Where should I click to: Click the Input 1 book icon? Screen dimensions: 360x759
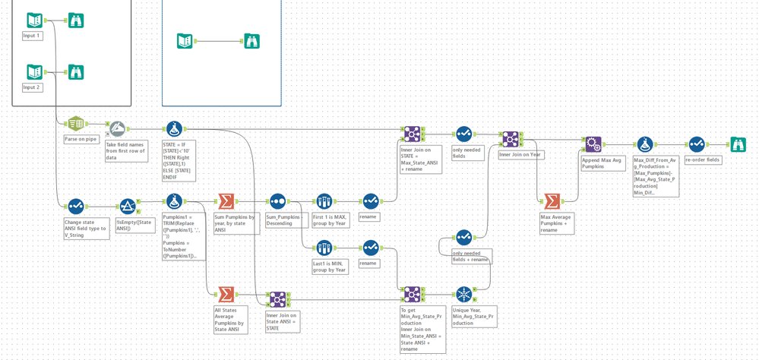[x=33, y=21]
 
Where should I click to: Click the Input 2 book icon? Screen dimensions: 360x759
[x=33, y=72]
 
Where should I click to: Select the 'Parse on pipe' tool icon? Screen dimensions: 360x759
[x=75, y=125]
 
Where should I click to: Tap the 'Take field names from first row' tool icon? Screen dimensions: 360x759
[x=117, y=129]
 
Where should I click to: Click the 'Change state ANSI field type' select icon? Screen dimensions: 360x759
[x=76, y=206]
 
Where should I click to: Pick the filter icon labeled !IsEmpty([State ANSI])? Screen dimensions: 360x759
[x=127, y=206]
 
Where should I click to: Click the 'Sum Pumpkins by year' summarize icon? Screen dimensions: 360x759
[x=226, y=201]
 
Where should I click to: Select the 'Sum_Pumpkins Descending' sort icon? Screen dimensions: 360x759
[x=277, y=201]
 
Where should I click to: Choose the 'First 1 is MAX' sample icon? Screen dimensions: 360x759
[x=324, y=201]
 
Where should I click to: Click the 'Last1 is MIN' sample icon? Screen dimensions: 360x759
[x=324, y=248]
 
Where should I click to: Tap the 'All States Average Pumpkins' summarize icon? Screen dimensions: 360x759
[x=226, y=294]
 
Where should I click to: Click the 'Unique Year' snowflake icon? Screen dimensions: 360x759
[x=463, y=294]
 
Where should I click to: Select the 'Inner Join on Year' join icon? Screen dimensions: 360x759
[x=510, y=139]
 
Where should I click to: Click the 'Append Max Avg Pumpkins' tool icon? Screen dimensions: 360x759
[x=593, y=144]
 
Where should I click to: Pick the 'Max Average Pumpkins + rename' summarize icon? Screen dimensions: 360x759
[x=552, y=201]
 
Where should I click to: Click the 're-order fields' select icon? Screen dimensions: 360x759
[x=697, y=144]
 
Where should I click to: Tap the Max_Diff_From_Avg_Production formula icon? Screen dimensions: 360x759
[x=645, y=144]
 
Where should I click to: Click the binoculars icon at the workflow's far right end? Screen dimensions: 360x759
[x=738, y=144]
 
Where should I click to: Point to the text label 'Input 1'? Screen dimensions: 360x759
[x=32, y=36]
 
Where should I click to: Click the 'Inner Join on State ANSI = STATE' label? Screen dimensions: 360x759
[x=282, y=320]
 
